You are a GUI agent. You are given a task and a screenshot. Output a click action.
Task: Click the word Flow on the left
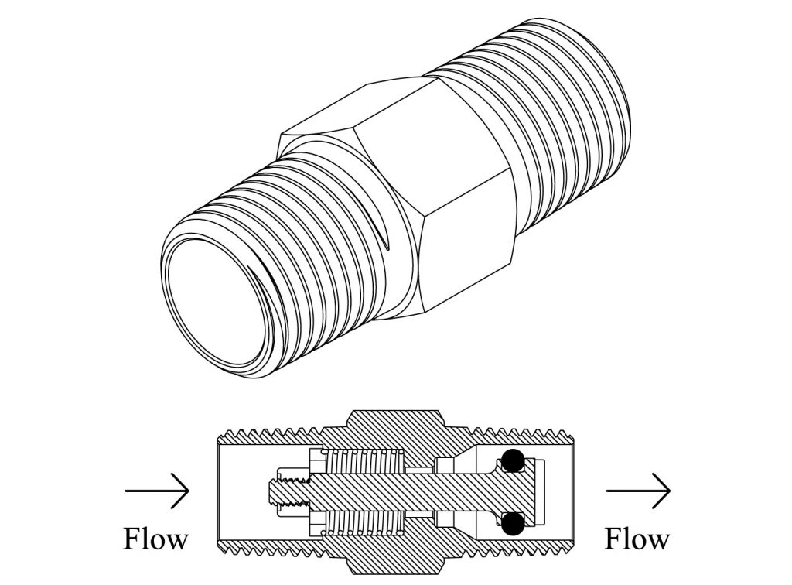[x=155, y=538]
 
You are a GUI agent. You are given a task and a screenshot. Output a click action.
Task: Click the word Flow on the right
[x=637, y=538]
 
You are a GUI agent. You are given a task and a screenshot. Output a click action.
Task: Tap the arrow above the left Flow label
[x=157, y=491]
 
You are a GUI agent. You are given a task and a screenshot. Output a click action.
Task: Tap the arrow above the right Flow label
[x=638, y=491]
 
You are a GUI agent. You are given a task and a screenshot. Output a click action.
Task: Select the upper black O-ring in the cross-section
[x=510, y=461]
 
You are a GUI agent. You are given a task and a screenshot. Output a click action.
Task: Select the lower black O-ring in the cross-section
[x=510, y=525]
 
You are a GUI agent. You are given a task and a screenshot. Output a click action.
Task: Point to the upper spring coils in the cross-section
[x=364, y=462]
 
